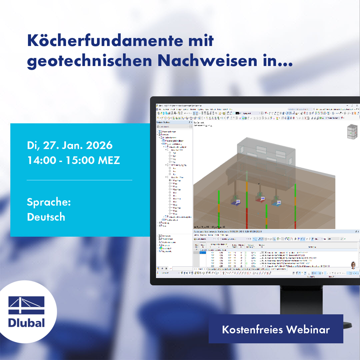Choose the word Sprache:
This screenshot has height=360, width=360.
click(x=49, y=202)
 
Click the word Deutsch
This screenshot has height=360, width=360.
click(x=46, y=217)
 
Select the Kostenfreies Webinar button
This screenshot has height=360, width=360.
click(x=276, y=329)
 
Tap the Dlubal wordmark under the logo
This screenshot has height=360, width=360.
click(x=27, y=323)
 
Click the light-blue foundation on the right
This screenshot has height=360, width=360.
click(x=277, y=203)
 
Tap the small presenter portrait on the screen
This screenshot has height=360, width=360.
click(x=353, y=265)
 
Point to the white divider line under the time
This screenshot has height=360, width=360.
click(x=79, y=180)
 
